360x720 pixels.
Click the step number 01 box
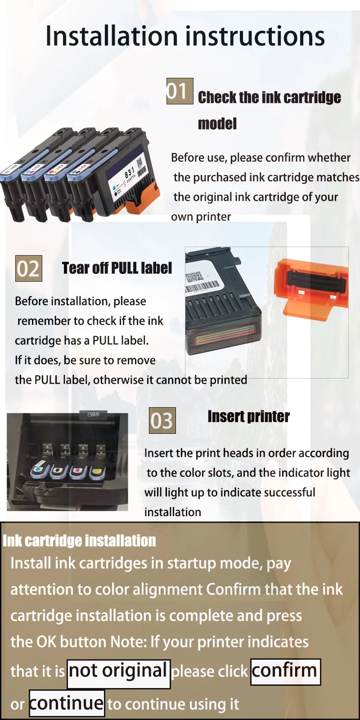[180, 91]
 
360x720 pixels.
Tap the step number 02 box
[29, 268]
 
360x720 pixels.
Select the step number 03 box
[162, 420]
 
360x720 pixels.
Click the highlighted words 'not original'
[119, 674]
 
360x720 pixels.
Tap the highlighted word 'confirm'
[285, 672]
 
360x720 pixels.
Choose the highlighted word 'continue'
[67, 703]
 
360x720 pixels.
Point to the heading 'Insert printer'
[248, 417]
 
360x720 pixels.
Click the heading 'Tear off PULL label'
[117, 268]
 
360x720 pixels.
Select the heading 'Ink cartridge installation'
[79, 540]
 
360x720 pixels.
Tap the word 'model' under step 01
[217, 124]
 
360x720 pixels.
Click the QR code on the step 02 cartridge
[194, 277]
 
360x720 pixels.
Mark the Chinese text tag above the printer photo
[93, 414]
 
